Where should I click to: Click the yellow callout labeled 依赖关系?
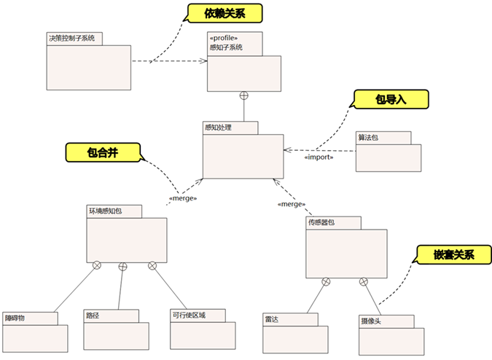224,14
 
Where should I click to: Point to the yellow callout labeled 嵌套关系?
453,255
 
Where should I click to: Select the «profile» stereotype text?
224,39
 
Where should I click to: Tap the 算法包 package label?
368,137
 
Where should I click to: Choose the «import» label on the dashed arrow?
319,157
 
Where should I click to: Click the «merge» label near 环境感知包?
183,198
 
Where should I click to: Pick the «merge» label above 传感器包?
291,204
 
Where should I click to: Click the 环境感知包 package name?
106,211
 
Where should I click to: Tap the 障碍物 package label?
15,318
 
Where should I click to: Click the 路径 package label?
93,316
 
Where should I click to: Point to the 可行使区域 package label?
189,316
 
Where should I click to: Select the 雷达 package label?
273,319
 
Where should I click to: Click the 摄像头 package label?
371,321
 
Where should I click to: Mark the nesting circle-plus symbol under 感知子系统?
245,95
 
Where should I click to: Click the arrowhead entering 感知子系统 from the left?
204,61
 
